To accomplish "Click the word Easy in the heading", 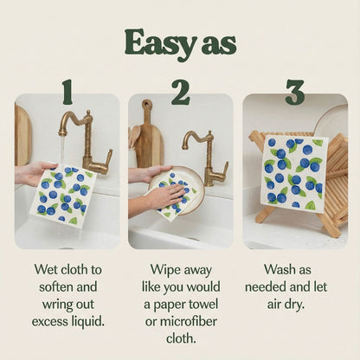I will tap(157, 42).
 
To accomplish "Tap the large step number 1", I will tap(67, 91).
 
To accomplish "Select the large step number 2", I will tap(180, 91).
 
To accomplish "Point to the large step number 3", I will tap(294, 91).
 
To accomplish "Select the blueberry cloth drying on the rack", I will tap(293, 173).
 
